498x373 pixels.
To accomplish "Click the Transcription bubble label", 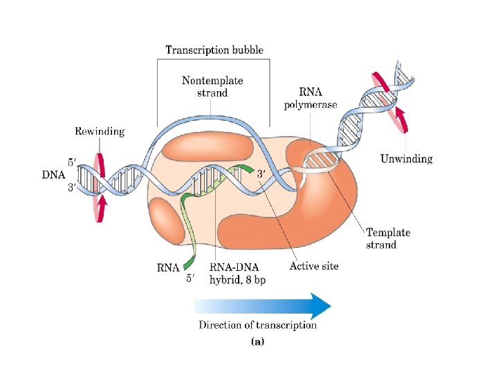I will tap(214, 50).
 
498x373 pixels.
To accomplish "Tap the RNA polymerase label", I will tap(310, 98).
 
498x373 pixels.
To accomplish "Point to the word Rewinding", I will tap(100, 131).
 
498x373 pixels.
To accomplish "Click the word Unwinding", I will tap(407, 159).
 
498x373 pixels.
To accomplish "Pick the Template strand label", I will tap(387, 239).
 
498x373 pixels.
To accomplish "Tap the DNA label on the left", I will tap(53, 175).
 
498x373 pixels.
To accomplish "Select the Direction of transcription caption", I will tap(258, 325).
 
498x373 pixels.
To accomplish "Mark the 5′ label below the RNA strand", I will tap(192, 279).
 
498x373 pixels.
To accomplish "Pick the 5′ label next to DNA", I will tap(73, 163).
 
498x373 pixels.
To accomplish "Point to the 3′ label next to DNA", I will tap(73, 187).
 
